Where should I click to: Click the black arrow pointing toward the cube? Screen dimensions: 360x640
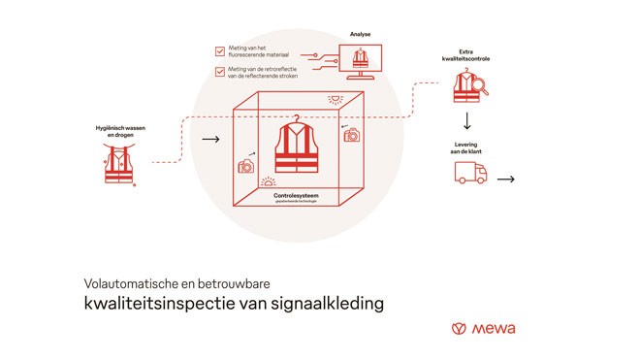(209, 140)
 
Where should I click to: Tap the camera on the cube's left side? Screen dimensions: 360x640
(246, 166)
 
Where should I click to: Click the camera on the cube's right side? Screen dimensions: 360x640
(351, 135)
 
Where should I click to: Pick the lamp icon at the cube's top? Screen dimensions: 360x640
(335, 99)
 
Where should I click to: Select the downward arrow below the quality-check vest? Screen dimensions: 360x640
(466, 121)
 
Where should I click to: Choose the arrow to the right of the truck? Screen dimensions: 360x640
(506, 179)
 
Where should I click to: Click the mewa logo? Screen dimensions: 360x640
(484, 328)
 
